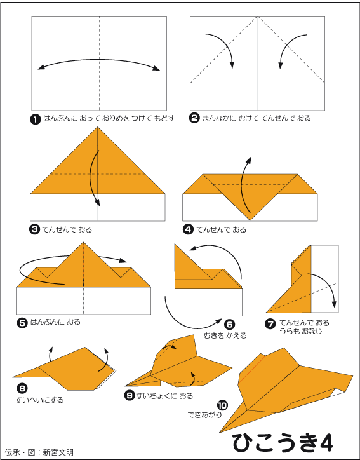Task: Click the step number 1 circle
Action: (36, 119)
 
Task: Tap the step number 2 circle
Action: (194, 119)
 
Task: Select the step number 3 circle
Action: (34, 229)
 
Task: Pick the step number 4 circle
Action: (188, 229)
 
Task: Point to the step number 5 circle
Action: (22, 323)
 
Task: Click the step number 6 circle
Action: (230, 325)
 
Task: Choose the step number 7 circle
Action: (270, 324)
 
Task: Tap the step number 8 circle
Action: (22, 389)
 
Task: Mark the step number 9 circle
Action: (130, 395)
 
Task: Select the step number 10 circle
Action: (222, 406)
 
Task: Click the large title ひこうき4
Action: (283, 443)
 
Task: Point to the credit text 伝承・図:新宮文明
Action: (39, 452)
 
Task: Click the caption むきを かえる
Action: (225, 335)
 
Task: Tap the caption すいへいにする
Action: (39, 400)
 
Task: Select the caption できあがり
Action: (204, 415)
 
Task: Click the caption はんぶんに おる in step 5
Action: (55, 322)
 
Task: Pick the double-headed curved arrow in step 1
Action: (99, 60)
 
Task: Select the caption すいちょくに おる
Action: (164, 396)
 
